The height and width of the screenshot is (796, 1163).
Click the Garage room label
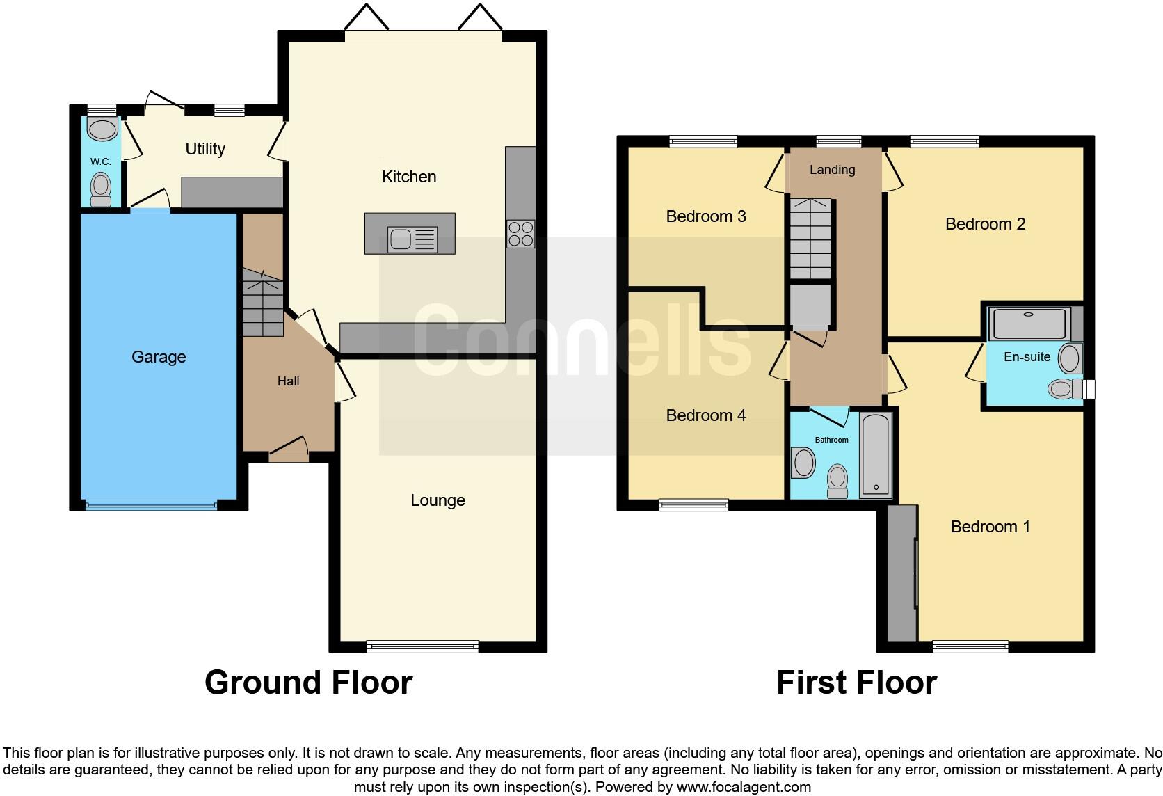tap(159, 357)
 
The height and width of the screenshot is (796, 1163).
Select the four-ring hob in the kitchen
tap(521, 234)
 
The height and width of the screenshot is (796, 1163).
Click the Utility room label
tap(205, 149)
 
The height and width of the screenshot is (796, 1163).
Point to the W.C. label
tap(100, 161)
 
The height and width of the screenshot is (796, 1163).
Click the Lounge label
tap(438, 500)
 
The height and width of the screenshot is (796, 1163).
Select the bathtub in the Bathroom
tap(876, 455)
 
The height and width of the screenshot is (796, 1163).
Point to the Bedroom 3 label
tap(706, 216)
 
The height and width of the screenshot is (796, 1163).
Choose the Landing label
tap(833, 170)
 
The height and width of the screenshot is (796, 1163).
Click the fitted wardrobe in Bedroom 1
tap(902, 573)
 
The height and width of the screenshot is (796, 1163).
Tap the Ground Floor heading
tap(308, 683)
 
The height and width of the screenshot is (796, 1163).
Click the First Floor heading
tap(856, 683)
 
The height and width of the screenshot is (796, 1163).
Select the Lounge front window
tap(423, 647)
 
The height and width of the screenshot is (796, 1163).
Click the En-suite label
tap(1027, 357)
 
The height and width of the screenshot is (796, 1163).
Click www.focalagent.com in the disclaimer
tap(743, 788)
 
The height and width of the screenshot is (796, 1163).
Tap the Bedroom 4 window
tap(693, 505)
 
